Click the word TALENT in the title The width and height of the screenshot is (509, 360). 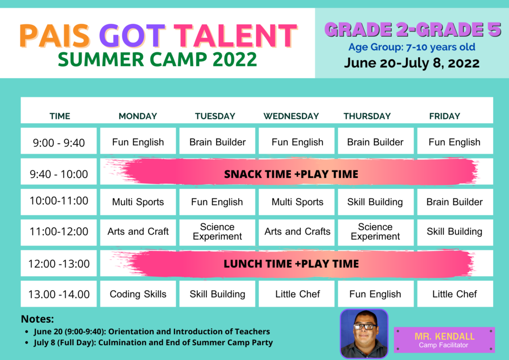coord(235,36)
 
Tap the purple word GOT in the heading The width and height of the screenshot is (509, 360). coord(132,36)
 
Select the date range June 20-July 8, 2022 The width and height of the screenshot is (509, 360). coord(412,63)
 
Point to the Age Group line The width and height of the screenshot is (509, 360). coord(412,47)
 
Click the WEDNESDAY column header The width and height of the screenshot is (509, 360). coord(291,116)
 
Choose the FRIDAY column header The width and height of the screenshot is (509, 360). coord(445,116)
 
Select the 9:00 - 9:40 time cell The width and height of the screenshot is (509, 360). coord(59,141)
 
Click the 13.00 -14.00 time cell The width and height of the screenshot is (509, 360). coord(59,294)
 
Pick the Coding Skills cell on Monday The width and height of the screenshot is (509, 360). coord(138,294)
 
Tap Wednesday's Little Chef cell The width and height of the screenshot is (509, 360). coord(297,294)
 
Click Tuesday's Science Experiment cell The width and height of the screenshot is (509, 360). coord(217,232)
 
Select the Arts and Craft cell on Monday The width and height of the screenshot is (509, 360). coord(138,232)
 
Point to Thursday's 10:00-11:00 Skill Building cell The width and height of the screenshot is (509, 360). coord(376,202)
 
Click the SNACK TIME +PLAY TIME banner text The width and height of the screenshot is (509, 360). coord(291,175)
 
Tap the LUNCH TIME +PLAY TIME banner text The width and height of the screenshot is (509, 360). coord(291,264)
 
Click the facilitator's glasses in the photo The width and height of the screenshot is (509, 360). coord(365,327)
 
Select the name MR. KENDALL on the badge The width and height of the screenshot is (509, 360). coord(444,336)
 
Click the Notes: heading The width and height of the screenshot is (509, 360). coord(37,319)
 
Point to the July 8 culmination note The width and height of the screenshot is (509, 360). coord(153,343)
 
